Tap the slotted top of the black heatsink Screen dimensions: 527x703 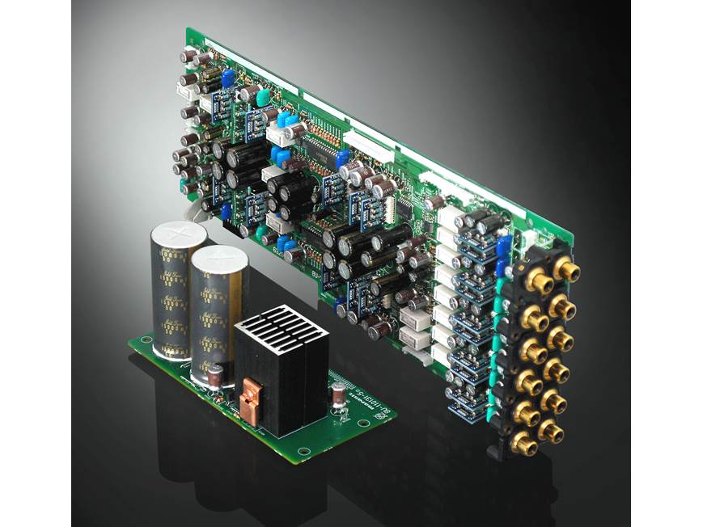(x=282, y=327)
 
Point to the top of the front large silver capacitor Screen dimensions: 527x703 (x=218, y=259)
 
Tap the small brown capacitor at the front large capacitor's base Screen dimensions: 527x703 (x=216, y=377)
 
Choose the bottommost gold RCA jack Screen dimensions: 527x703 (x=523, y=443)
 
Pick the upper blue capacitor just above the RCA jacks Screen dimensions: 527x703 (x=504, y=242)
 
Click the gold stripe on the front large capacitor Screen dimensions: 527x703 (x=218, y=323)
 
